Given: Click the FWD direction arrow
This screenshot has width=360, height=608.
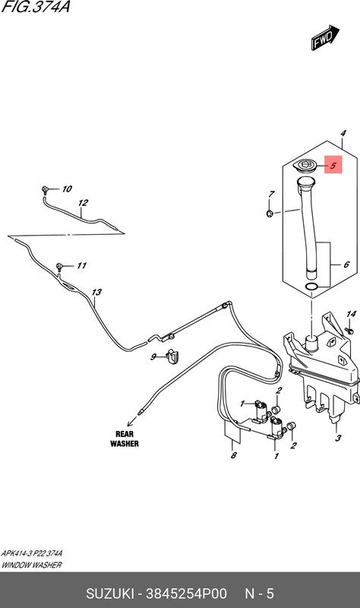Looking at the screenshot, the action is coord(325,37).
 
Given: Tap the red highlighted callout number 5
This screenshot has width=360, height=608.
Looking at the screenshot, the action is coord(333,165).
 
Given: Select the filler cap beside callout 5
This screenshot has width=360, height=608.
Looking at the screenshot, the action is coord(305,165).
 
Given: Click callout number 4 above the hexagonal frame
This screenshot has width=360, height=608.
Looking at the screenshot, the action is coord(343,133).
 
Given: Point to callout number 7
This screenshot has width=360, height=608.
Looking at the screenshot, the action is coord(272,194).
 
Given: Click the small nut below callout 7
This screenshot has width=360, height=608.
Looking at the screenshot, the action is coord(270,213).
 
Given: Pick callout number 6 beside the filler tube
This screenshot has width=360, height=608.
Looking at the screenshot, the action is coord(346,264).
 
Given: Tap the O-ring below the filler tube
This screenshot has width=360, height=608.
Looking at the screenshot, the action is coord(311,287).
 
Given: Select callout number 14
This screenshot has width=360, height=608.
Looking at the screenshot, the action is coord(351,314).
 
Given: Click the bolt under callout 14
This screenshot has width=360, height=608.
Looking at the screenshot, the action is coord(349,331).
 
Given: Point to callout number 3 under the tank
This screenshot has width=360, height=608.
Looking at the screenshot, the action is coord(338,438).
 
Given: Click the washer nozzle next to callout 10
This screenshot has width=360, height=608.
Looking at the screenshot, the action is coord(45,190).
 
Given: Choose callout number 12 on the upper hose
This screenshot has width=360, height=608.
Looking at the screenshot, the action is coord(83,202).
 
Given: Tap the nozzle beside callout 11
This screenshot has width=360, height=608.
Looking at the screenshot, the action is coord(59,266).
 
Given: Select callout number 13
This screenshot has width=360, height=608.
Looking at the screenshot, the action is coord(96,292).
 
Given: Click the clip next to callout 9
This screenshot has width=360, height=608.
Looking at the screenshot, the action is coord(172,356).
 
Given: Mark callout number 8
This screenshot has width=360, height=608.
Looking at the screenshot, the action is coord(233,454).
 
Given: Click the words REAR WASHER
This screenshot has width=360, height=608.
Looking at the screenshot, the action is coord(125,439).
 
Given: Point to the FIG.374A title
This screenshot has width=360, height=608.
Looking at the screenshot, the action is coord(36,7).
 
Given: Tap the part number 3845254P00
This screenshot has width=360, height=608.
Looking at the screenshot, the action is coord(186,594).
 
